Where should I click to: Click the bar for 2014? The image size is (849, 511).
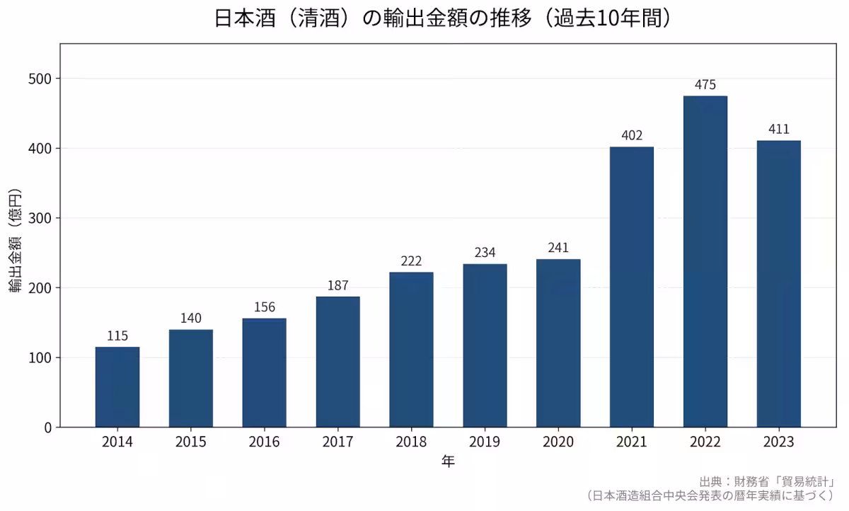click(117, 387)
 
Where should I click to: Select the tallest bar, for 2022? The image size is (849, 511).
click(705, 262)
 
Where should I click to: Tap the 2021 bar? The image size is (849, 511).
click(632, 287)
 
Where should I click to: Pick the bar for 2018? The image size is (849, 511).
click(411, 350)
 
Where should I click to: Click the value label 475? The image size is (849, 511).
click(705, 85)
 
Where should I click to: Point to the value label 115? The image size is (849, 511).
click(117, 336)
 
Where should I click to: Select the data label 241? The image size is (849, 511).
click(558, 248)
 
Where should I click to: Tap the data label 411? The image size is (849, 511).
click(778, 130)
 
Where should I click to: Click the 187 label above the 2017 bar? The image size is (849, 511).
click(338, 286)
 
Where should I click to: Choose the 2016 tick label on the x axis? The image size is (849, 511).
click(265, 442)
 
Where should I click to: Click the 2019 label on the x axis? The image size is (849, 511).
click(485, 442)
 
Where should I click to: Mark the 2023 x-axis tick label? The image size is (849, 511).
click(778, 442)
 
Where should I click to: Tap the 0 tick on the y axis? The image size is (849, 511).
click(48, 427)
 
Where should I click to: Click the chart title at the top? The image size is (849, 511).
click(443, 18)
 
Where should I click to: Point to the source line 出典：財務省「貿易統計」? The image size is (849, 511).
click(768, 481)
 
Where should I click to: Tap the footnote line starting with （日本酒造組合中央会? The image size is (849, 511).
click(711, 495)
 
